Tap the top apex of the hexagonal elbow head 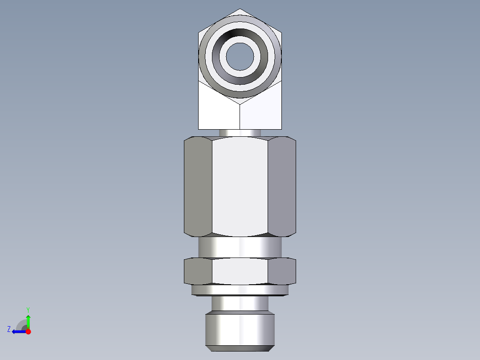240,10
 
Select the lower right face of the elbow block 261,111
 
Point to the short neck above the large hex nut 240,133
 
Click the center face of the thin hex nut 240,271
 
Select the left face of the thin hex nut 198,271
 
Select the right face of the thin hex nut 282,271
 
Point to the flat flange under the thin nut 240,290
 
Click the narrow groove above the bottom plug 240,304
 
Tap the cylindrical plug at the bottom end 240,330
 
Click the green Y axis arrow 28,320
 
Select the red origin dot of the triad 28,331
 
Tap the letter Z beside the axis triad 9,329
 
